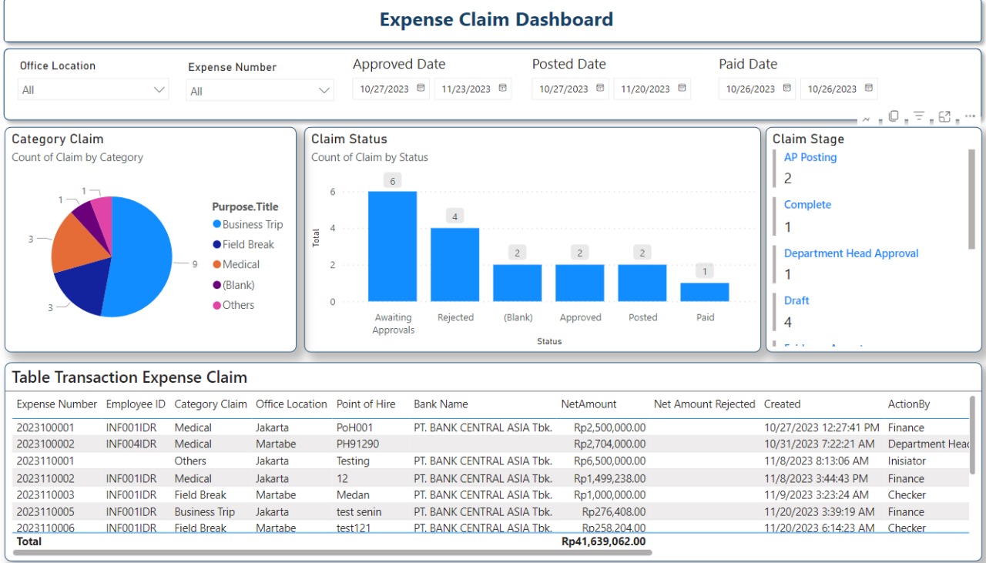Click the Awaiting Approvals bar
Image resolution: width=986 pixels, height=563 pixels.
point(392,246)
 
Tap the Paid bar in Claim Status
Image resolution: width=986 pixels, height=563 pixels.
point(704,292)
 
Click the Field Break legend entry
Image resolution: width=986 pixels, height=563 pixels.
point(247,244)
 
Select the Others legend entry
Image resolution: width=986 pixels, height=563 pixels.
point(237,305)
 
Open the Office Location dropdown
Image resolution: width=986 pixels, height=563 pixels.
point(92,90)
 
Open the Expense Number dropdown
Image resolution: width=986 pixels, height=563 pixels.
point(260,91)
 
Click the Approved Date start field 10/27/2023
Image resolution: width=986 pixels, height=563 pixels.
point(385,89)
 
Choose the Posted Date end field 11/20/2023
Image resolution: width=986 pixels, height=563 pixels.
point(645,89)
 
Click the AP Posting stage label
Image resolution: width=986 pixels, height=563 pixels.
point(810,157)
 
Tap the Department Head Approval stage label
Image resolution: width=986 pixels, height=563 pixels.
point(850,253)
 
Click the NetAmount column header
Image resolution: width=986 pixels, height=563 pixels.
point(589,404)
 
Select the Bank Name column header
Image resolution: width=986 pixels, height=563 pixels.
point(441,404)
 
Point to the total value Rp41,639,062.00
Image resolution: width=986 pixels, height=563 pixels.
point(602,541)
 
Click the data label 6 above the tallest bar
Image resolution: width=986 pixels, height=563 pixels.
point(392,180)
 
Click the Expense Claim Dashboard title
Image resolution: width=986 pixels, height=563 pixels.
point(496,20)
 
